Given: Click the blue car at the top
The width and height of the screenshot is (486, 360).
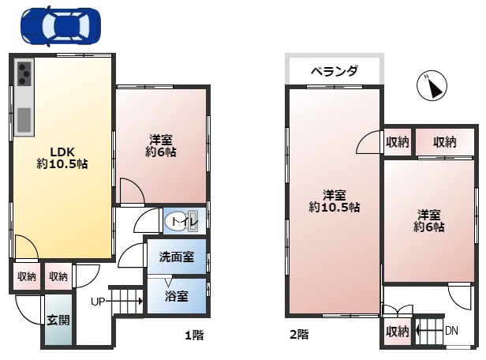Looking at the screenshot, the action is tap(61, 27).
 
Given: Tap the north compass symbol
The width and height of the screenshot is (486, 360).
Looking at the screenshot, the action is tap(432, 86).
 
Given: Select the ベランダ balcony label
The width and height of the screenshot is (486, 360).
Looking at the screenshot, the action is tap(335, 71).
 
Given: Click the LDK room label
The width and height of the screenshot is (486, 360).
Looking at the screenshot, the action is tap(62, 152).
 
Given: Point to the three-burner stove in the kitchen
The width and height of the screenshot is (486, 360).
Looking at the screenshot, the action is tap(24, 73).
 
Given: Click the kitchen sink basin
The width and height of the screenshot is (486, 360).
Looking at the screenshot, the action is tap(24, 120).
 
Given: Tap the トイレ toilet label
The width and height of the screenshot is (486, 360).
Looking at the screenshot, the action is tap(185, 221).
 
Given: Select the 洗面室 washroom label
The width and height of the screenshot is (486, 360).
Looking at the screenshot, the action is tap(177, 257).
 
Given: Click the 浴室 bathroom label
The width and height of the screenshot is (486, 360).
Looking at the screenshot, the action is tap(177, 296).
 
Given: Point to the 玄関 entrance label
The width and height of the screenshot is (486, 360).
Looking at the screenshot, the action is tap(58, 320).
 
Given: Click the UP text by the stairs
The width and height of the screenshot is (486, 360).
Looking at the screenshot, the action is tap(98, 301).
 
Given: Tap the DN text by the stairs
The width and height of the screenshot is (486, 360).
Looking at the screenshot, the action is tap(451, 331).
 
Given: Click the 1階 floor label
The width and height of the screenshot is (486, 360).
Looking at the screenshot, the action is tap(194, 336).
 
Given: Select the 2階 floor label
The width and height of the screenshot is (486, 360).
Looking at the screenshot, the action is tap(299, 335).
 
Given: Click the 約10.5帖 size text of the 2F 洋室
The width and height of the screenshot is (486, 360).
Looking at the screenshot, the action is tap(335, 207).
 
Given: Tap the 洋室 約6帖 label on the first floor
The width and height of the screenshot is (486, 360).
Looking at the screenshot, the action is tap(161, 146).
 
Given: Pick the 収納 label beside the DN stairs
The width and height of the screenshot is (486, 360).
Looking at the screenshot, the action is tap(398, 332).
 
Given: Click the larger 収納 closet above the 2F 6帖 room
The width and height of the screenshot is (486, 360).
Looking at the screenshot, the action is tap(445, 142).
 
